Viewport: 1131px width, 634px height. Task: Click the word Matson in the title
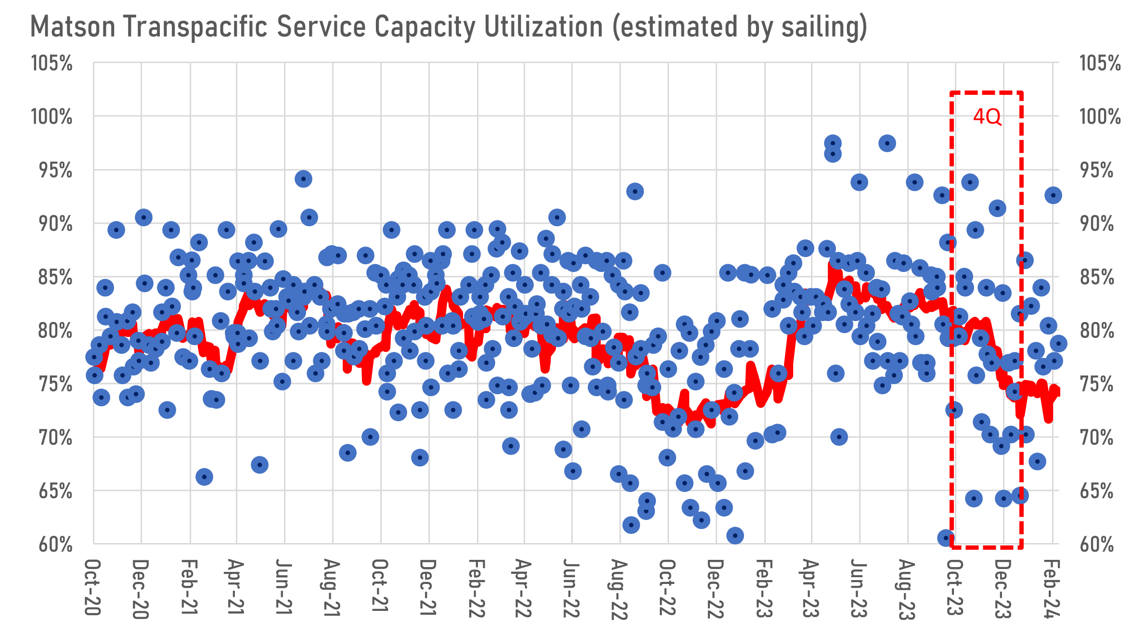coord(73,27)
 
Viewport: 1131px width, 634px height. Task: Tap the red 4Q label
coord(987,117)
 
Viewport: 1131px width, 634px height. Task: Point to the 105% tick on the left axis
coord(52,64)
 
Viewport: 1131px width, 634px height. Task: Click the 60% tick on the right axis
coord(1097,545)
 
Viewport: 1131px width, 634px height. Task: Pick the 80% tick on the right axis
coord(1097,331)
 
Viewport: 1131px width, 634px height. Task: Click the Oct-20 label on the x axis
coord(93,587)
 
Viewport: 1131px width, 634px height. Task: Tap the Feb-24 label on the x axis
coord(1052,588)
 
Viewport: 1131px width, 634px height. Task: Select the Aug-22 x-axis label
coord(620,589)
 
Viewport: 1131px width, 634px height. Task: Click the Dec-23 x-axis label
coord(1003,588)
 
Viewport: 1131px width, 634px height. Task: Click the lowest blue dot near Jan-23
coord(734,535)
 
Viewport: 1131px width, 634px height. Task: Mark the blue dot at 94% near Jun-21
coord(303,179)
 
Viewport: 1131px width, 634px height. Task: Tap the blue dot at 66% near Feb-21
coord(204,477)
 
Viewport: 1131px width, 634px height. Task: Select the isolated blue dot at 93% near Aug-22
coord(635,191)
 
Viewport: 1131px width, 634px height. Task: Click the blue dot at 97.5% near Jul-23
coord(887,143)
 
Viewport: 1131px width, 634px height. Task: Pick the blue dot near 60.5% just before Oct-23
coord(946,538)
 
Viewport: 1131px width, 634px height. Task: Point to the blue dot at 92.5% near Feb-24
coord(1053,195)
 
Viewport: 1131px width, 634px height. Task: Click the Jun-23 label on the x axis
coord(859,588)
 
